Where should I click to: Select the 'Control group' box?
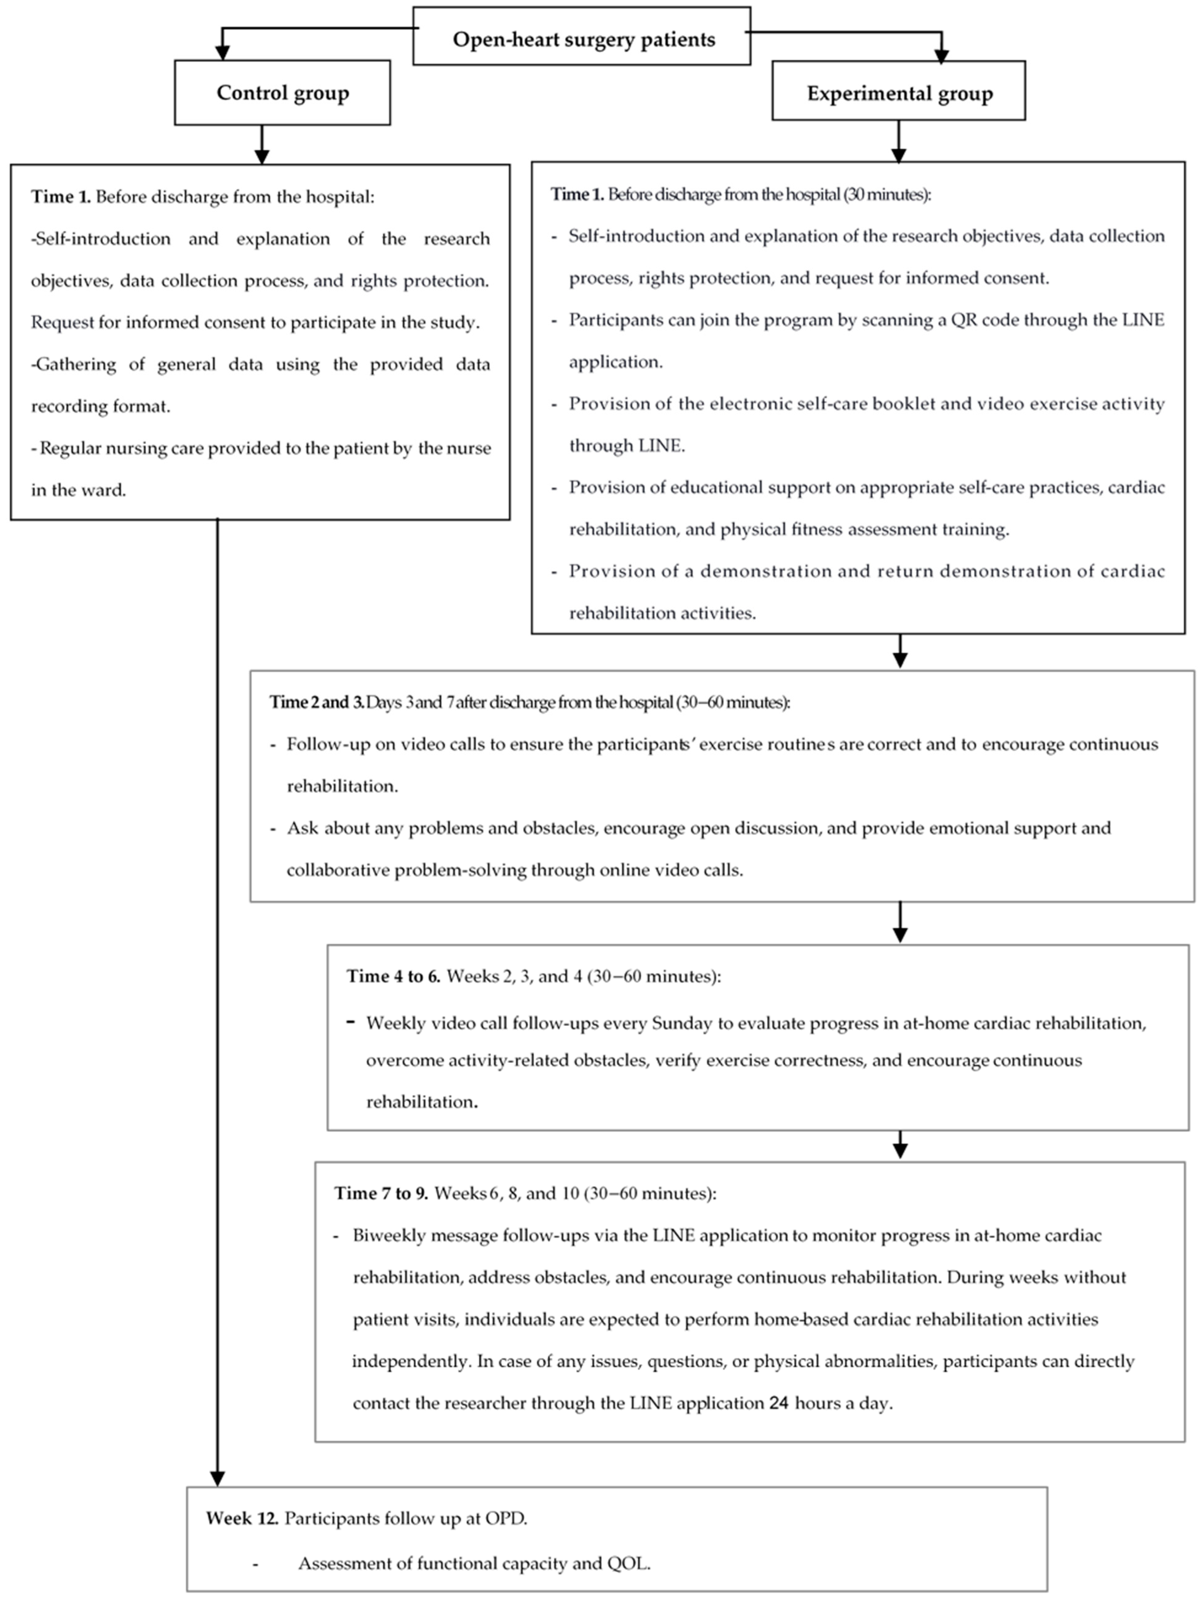click(x=282, y=93)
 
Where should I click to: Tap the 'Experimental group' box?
click(x=898, y=93)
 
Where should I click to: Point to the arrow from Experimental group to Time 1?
click(x=898, y=141)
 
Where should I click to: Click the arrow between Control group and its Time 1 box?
click(x=262, y=145)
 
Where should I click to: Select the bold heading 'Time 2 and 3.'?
click(x=316, y=702)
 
